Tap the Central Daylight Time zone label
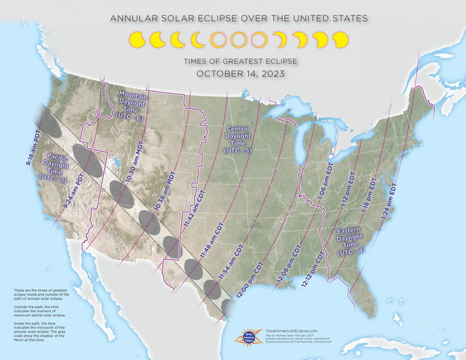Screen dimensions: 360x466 click(238, 139)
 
